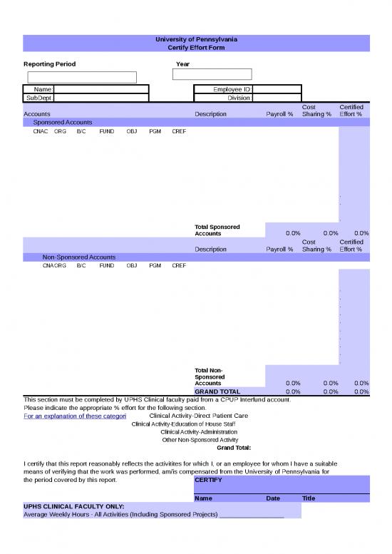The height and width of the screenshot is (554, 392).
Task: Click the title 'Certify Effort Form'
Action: tap(196, 47)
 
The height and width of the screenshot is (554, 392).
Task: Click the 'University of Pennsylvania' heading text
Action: tap(196, 39)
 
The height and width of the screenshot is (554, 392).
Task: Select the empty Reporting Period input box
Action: tap(82, 77)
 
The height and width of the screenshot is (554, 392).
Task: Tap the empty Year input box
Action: tap(212, 74)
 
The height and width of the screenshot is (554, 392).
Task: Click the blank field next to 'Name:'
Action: tap(101, 89)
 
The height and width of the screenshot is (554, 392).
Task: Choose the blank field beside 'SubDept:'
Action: tap(101, 98)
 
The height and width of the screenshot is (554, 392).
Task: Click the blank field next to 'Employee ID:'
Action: tap(277, 89)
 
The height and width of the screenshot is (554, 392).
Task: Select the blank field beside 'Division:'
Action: tap(277, 98)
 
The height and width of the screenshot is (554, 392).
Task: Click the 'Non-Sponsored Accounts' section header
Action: tap(79, 257)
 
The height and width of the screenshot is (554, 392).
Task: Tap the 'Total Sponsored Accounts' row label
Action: tap(217, 230)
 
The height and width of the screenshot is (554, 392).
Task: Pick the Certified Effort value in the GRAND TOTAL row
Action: tap(361, 391)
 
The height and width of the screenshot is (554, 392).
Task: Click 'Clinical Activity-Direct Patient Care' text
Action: tap(198, 416)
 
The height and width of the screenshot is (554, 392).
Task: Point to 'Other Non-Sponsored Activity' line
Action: tap(200, 440)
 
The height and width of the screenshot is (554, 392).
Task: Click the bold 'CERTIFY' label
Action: tap(208, 480)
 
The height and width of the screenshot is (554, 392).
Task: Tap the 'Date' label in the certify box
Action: tap(273, 498)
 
